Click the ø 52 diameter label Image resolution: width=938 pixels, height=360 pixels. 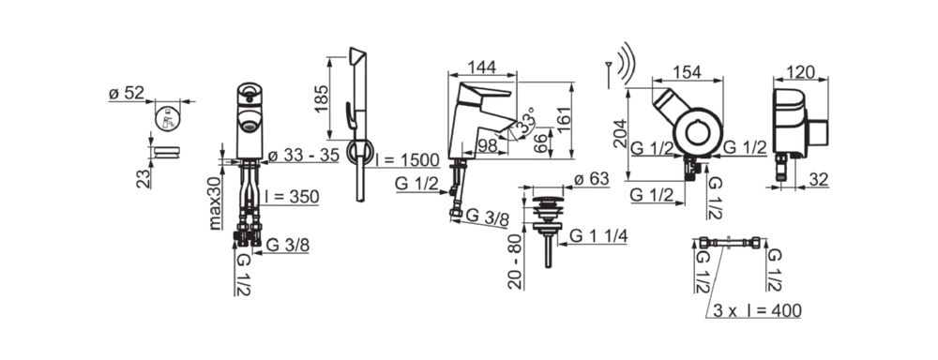click(127, 94)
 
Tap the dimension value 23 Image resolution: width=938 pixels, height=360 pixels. click(144, 179)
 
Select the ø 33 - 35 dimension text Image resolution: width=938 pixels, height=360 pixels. click(303, 156)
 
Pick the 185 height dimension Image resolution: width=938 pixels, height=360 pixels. click(322, 98)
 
